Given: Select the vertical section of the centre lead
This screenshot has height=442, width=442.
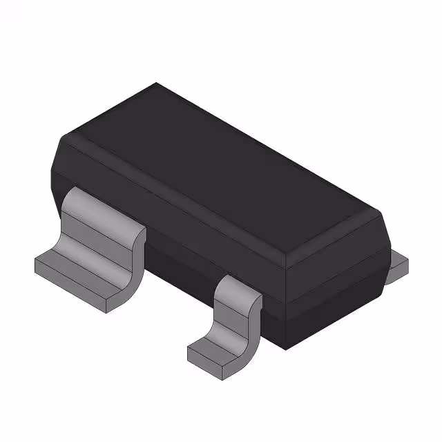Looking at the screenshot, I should pyautogui.click(x=231, y=314).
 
